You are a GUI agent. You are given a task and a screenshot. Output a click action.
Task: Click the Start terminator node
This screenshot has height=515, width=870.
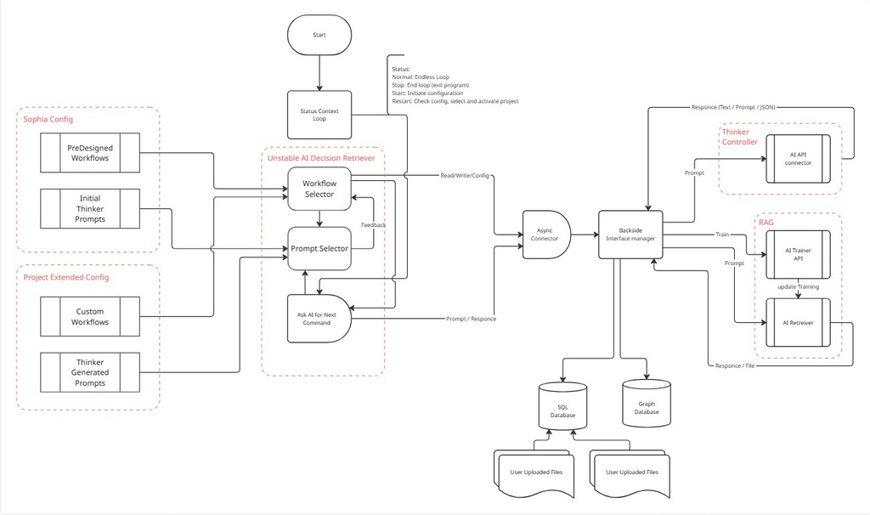[319, 35]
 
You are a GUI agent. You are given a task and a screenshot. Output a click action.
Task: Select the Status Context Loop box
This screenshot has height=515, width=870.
[319, 115]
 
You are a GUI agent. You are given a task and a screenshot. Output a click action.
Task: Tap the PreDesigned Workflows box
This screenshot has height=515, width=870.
[90, 153]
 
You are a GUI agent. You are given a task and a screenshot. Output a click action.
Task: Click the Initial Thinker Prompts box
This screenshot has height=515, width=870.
[90, 209]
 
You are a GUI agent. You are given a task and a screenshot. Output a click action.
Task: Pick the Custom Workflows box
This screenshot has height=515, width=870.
[90, 317]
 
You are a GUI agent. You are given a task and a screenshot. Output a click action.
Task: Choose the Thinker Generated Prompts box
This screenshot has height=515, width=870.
[90, 372]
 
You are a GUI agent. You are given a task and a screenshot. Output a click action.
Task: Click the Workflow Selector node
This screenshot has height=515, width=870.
[319, 189]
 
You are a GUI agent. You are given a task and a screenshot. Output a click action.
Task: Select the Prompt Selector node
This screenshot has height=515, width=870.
[319, 248]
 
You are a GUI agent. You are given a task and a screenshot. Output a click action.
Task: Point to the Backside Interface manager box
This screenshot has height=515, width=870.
[630, 235]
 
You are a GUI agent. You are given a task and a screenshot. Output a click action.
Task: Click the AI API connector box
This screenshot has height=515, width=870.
[798, 159]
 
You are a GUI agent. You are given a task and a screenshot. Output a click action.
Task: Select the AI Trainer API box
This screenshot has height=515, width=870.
[798, 255]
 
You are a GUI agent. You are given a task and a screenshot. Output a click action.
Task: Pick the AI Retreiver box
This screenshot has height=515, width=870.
[798, 323]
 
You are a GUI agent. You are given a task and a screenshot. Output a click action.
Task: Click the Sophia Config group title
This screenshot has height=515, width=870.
[48, 120]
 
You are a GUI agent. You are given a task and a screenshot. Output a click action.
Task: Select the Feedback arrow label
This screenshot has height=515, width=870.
[373, 224]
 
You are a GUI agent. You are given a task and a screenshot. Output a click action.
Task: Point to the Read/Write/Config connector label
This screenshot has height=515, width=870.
[466, 176]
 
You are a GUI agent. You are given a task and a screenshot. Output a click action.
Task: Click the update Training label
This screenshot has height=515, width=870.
[797, 287]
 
